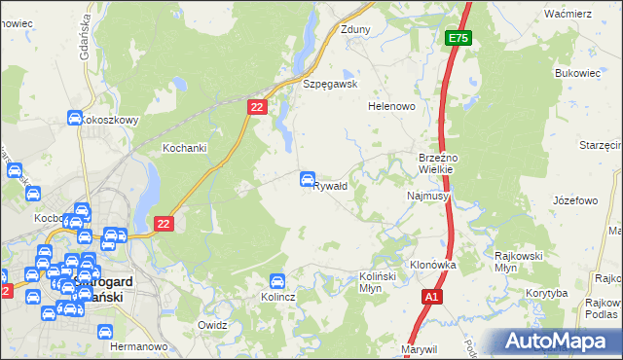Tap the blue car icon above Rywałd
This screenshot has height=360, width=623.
[x=308, y=178]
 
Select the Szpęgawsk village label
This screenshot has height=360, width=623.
[x=331, y=84]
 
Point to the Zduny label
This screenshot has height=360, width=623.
[x=355, y=29]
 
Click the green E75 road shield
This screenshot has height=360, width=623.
[x=458, y=38]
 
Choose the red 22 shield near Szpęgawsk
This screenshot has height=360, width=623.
[x=257, y=108]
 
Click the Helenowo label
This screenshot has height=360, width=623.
[x=391, y=106]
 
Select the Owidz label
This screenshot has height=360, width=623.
[x=212, y=324]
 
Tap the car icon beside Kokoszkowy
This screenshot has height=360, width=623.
[x=75, y=119]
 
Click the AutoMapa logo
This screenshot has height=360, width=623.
[x=558, y=341]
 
